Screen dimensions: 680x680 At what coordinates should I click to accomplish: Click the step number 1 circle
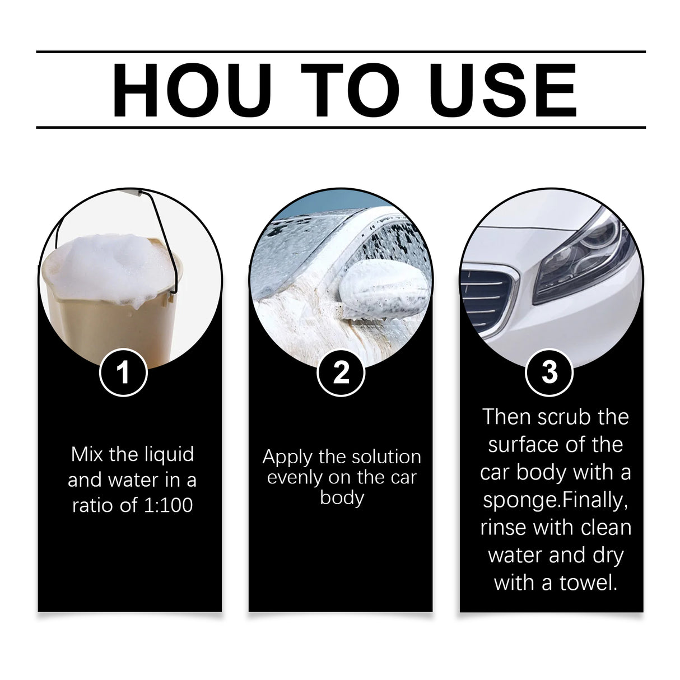pyautogui.click(x=123, y=372)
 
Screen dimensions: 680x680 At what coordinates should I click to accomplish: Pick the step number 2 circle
pyautogui.click(x=341, y=372)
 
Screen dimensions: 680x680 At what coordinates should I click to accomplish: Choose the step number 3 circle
pyautogui.click(x=549, y=372)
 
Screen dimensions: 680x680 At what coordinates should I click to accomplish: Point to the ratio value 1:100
pyautogui.click(x=165, y=505)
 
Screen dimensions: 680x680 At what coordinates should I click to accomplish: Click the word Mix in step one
pyautogui.click(x=87, y=454)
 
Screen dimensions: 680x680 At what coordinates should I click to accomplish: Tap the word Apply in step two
pyautogui.click(x=287, y=457)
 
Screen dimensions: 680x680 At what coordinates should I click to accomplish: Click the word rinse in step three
pyautogui.click(x=505, y=528)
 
